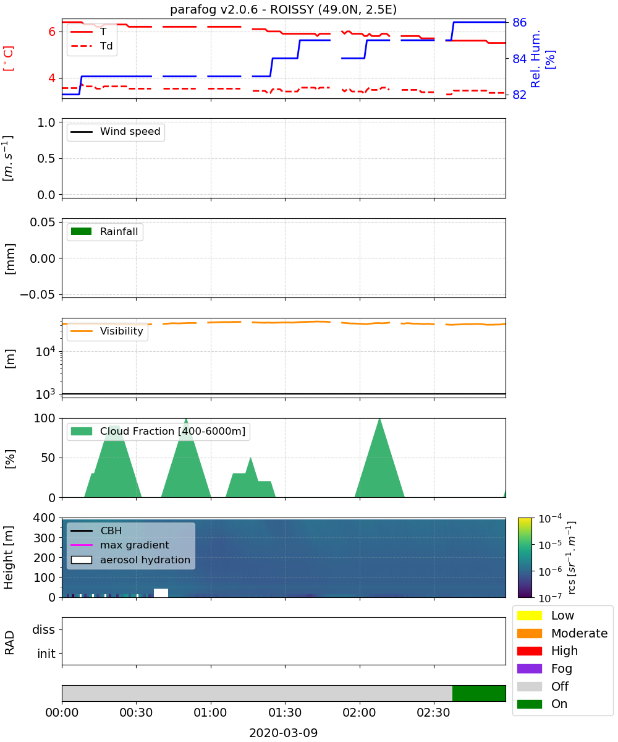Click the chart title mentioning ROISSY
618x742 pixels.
pos(283,9)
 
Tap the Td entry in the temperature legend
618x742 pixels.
pos(91,46)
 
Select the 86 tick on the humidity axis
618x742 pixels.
pos(519,22)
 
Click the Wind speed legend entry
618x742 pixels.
pos(116,132)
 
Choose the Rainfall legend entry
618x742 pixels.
pos(104,231)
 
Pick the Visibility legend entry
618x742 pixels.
pos(106,331)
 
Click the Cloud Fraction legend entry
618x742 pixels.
pos(158,431)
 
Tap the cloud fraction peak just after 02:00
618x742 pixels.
pos(379,419)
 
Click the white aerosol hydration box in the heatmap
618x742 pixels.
pos(161,593)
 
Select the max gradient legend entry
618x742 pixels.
pos(120,545)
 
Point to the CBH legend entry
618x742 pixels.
pos(96,531)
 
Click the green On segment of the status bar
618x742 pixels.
pos(479,693)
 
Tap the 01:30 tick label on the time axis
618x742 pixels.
pos(285,712)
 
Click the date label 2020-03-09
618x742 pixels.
pos(283,733)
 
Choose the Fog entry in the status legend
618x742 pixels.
pos(544,668)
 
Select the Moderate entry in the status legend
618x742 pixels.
pos(562,633)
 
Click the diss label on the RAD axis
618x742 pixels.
pos(44,629)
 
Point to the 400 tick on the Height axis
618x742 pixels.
pos(44,518)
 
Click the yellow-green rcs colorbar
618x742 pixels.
pos(525,558)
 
